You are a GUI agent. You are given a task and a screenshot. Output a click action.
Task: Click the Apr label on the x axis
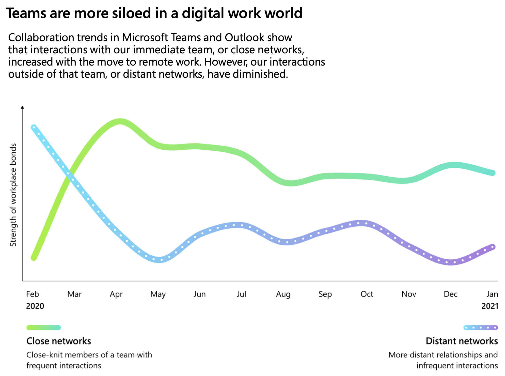coord(116,294)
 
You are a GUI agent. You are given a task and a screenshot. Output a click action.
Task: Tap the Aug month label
coord(283,294)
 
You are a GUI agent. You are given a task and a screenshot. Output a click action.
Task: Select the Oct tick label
coord(367,294)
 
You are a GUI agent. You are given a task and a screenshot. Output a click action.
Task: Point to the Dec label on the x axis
coord(450,294)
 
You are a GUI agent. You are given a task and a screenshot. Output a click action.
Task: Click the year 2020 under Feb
coord(35,306)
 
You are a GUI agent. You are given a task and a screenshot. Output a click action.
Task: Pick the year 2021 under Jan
coord(490,306)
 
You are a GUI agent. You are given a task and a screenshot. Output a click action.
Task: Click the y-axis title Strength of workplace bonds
coord(13,195)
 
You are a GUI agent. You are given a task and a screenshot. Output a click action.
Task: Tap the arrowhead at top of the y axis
coord(22,107)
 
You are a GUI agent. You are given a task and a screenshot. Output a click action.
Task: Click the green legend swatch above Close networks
coord(44,327)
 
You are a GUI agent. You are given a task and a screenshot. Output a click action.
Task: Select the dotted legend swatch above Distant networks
coord(481,327)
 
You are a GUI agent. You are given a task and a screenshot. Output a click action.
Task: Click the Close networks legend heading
coord(59,341)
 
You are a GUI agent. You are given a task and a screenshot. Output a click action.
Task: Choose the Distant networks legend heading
coord(462,341)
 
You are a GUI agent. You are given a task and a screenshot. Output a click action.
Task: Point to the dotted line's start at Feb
coord(34,127)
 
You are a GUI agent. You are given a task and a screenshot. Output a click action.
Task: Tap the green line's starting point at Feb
coord(34,258)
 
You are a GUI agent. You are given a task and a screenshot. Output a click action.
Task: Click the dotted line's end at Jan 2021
coord(493,247)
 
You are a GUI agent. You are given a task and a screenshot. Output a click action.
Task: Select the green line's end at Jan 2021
coord(493,173)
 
